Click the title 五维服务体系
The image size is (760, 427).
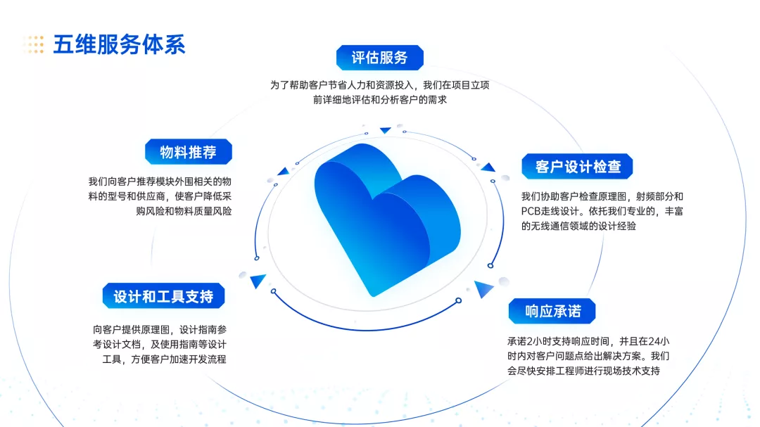coord(119,44)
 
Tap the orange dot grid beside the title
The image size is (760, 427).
coord(34,44)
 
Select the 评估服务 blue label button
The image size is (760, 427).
coord(379,58)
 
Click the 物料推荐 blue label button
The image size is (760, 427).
coord(188,152)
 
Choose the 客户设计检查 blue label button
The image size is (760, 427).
coord(577,166)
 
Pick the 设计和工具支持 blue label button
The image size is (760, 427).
coord(163,296)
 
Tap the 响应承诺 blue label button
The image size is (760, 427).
coord(552,311)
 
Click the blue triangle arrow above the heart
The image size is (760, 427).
coord(386,130)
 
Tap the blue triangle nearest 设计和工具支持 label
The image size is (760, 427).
coord(258,281)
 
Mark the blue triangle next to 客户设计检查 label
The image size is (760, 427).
coord(488,167)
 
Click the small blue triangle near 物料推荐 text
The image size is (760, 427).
coord(283,171)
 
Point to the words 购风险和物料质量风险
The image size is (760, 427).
coord(184,211)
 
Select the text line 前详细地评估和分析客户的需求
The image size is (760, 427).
coord(379,100)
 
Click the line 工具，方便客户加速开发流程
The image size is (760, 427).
coord(164,359)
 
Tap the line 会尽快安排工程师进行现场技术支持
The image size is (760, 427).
coord(583,371)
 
